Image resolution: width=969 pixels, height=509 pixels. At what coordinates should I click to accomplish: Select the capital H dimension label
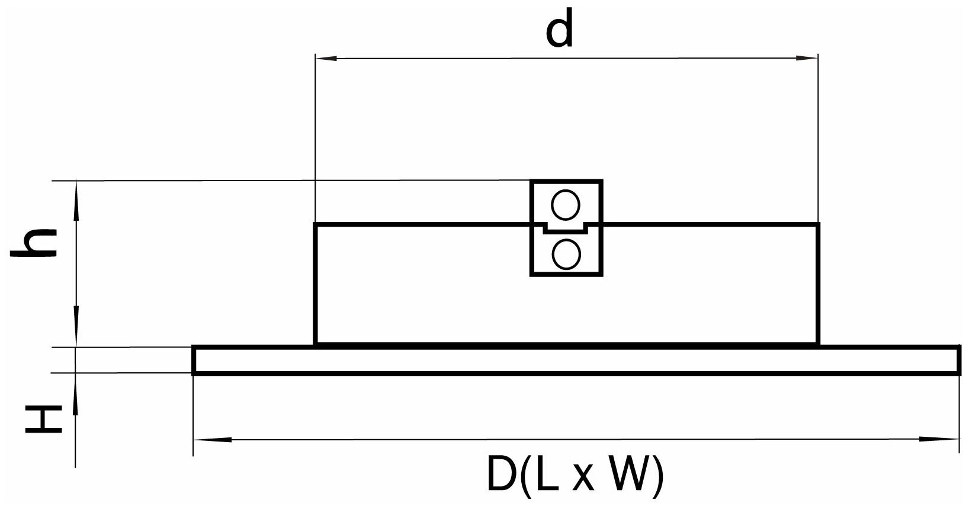[43, 419]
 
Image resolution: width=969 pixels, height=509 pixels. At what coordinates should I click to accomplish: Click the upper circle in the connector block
[566, 205]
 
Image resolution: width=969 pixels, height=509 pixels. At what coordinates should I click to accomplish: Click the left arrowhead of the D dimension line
[204, 439]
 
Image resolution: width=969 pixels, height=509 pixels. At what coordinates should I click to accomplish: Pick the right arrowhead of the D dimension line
[948, 439]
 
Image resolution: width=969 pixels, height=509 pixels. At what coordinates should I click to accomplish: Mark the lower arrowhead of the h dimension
[76, 334]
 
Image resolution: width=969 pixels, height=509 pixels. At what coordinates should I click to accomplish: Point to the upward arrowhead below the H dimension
[76, 385]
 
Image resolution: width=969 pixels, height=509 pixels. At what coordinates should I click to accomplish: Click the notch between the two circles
[566, 227]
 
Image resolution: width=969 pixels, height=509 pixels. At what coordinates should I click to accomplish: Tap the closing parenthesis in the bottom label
[656, 475]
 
